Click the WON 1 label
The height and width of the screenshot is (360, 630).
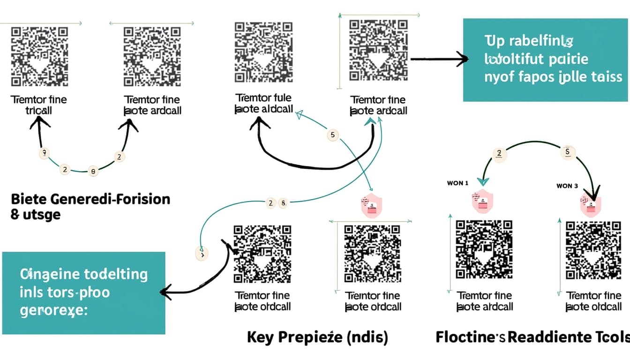tap(458, 183)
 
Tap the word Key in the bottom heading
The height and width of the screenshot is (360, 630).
tap(261, 337)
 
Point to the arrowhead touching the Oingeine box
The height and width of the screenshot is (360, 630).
tap(164, 292)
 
